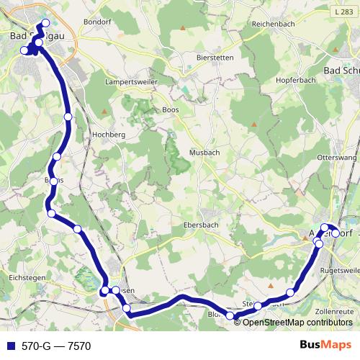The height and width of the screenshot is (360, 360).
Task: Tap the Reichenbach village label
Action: pyautogui.click(x=271, y=24)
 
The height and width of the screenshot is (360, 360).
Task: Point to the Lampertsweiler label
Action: pyautogui.click(x=131, y=82)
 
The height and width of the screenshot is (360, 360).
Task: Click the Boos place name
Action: pyautogui.click(x=170, y=109)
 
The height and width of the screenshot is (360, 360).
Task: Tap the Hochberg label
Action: pyautogui.click(x=109, y=135)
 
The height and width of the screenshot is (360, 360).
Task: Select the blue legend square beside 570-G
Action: pyautogui.click(x=9, y=346)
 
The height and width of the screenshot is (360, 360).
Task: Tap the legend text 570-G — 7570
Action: pyautogui.click(x=56, y=346)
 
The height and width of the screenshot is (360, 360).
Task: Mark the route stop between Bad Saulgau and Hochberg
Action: pyautogui.click(x=68, y=117)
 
